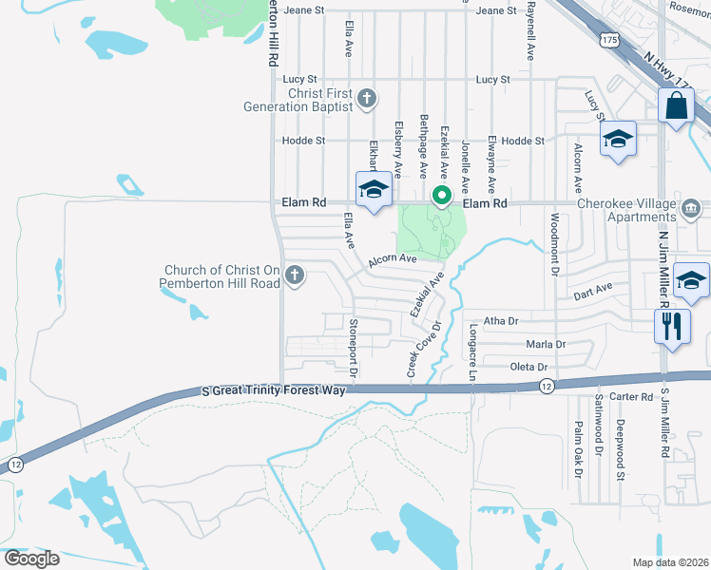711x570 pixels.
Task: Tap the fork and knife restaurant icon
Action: (671, 326)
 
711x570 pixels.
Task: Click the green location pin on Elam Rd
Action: (441, 197)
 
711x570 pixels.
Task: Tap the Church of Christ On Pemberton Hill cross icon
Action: (295, 276)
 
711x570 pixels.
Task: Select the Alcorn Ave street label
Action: (394, 258)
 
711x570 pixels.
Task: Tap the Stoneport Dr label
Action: (352, 348)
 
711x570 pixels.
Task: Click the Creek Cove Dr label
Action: (415, 352)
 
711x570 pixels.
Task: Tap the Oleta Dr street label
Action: (530, 366)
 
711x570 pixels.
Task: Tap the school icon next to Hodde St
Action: (618, 140)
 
